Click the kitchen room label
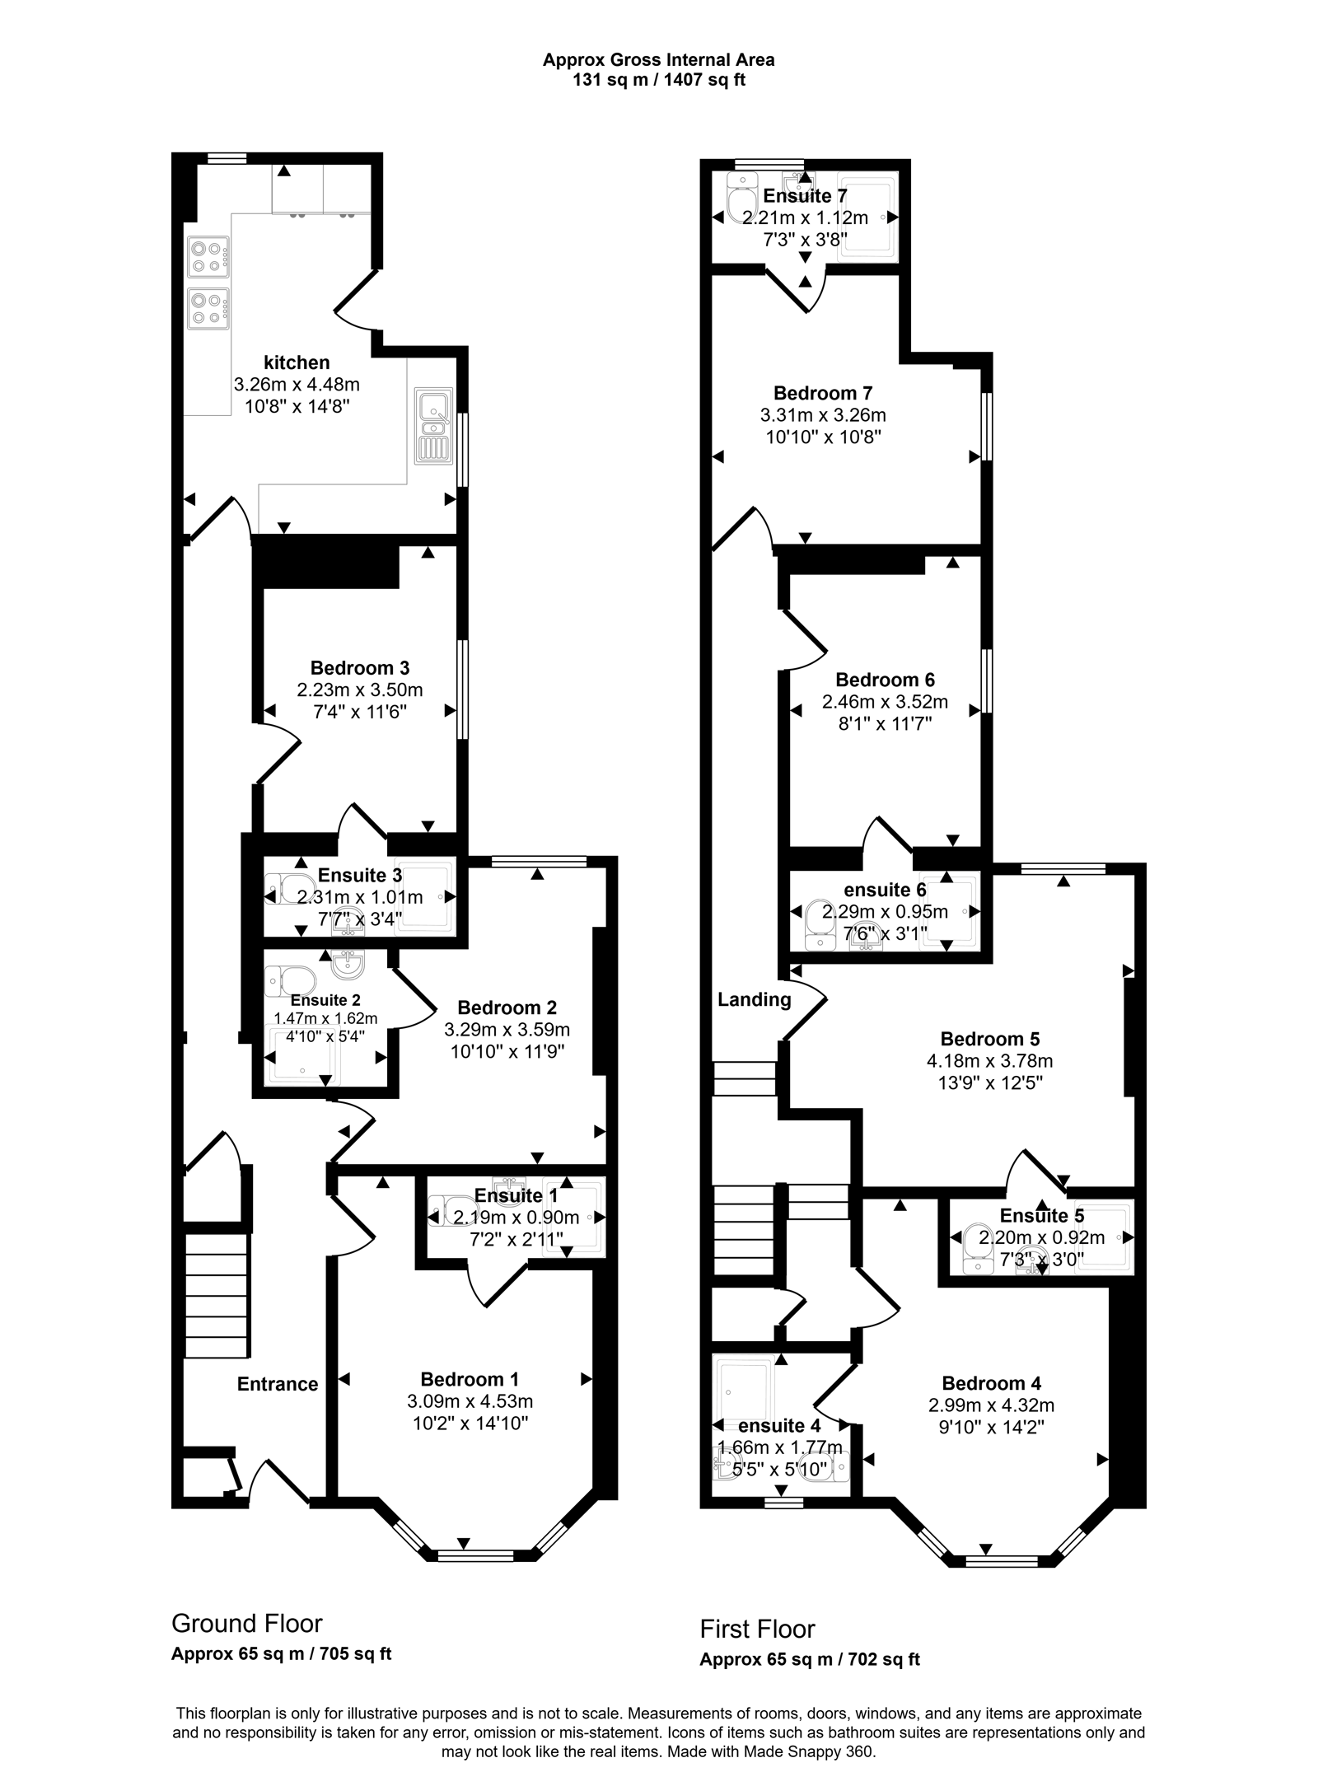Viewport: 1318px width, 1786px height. click(x=297, y=362)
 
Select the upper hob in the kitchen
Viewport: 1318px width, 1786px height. click(x=208, y=256)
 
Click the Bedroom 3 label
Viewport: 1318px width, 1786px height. click(x=359, y=668)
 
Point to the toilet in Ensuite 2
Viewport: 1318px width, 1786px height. click(x=292, y=980)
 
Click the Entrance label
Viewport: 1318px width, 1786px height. click(x=278, y=1384)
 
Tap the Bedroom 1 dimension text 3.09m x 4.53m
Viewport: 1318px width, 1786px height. click(x=470, y=1401)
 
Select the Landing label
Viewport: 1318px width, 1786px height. click(x=754, y=1000)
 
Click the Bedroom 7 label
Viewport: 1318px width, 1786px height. click(x=823, y=393)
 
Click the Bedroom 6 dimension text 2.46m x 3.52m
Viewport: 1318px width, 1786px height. click(x=885, y=702)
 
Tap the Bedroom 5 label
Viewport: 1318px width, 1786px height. click(x=990, y=1039)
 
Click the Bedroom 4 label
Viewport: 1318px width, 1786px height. click(x=991, y=1383)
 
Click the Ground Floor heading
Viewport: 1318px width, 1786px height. click(x=246, y=1623)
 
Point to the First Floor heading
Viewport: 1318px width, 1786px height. click(x=757, y=1629)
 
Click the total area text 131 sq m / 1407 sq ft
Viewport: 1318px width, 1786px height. click(x=659, y=81)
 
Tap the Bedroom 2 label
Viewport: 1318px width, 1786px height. click(x=507, y=1008)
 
